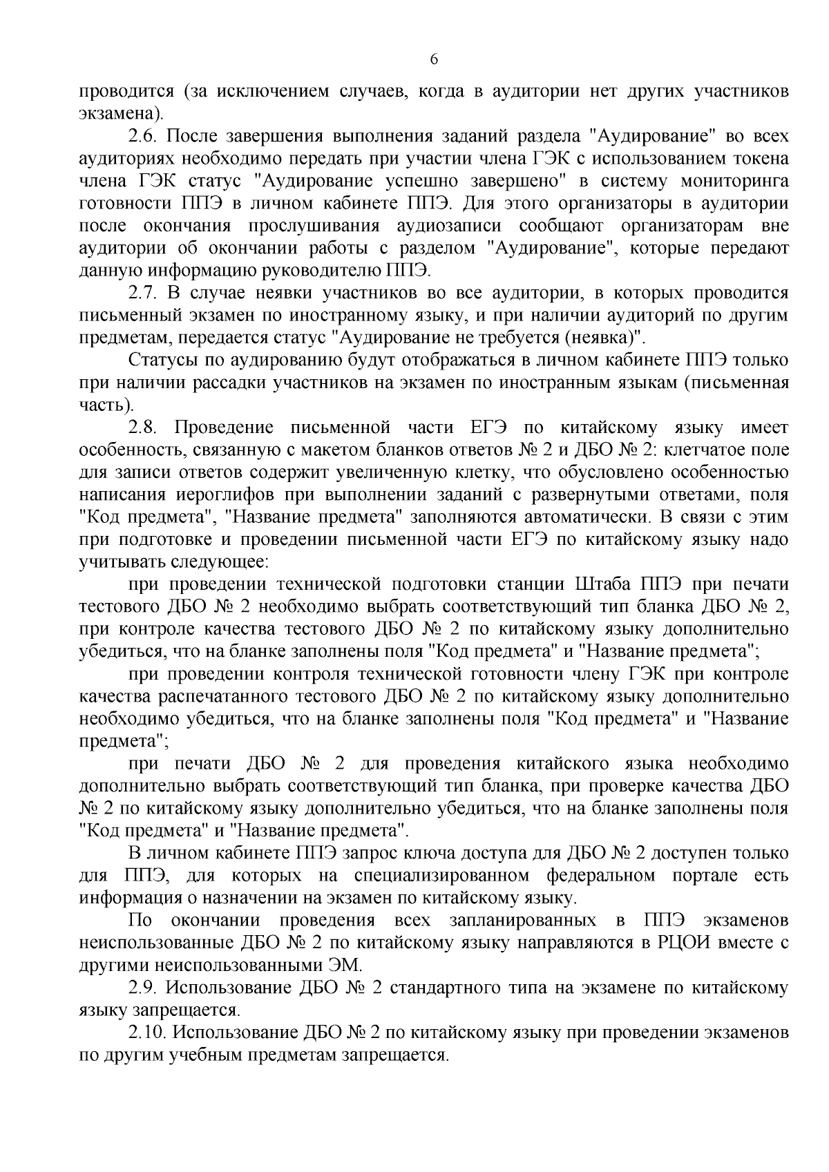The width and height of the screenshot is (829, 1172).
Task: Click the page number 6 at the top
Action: tap(434, 59)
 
